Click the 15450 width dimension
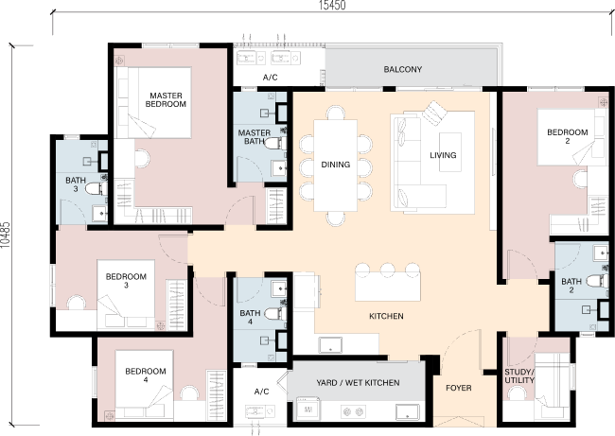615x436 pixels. (332, 5)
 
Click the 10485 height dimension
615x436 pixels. (5, 235)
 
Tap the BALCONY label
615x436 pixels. (403, 69)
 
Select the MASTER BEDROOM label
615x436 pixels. (166, 99)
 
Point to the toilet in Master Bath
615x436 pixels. (275, 143)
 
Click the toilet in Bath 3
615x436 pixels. (96, 189)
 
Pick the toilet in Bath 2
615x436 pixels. (597, 281)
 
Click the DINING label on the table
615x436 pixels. (335, 165)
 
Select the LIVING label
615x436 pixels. (443, 155)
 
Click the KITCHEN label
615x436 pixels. (386, 316)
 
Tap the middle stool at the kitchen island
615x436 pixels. (388, 269)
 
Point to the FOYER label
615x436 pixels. (459, 388)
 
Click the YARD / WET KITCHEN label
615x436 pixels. (358, 383)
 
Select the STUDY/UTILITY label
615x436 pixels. (519, 376)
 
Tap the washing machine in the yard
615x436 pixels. (307, 410)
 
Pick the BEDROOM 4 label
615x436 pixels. (146, 375)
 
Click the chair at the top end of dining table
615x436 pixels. (335, 113)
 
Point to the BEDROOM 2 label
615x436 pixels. (567, 136)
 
